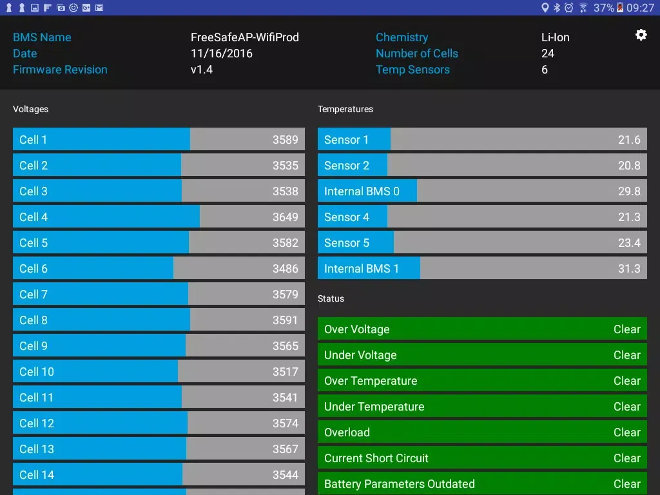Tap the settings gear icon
coord(641,35)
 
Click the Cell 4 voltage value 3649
coord(285,217)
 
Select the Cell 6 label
coord(34,269)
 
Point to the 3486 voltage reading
coord(285,269)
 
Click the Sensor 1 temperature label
coord(346,140)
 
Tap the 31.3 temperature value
coord(629,269)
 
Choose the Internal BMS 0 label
coord(362,191)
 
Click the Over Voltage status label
coord(356,329)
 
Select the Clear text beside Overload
coord(626,432)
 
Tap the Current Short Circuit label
coord(376,458)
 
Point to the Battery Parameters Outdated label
coord(399,484)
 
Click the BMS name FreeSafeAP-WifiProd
coord(245,37)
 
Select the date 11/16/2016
coord(222,53)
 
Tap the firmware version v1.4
coord(202,70)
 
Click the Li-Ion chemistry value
coord(556,37)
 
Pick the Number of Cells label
coord(417,53)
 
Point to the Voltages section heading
coord(31,110)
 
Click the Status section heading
coord(331,299)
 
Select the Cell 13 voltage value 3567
coord(285,449)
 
